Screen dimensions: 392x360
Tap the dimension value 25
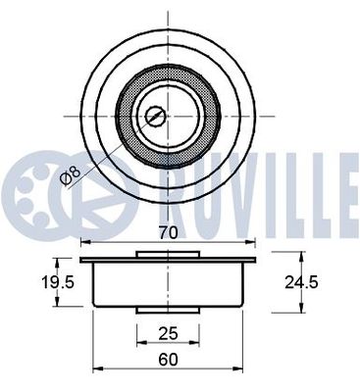(x=168, y=333)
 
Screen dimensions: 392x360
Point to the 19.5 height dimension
(x=30, y=282)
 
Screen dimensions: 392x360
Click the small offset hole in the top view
(x=154, y=117)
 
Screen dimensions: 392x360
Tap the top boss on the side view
(x=168, y=255)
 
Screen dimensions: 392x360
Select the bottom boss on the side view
(x=168, y=311)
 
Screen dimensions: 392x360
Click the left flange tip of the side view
(x=83, y=260)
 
